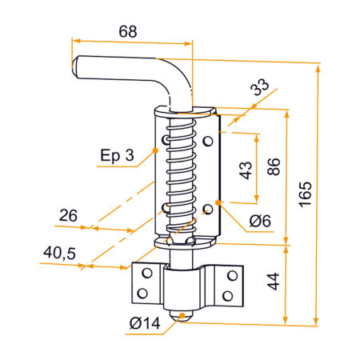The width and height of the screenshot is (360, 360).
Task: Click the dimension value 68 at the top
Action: [127, 31]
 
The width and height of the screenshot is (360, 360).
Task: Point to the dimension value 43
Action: [246, 169]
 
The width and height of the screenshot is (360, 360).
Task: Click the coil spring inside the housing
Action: [182, 172]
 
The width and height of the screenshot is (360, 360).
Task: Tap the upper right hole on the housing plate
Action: [207, 142]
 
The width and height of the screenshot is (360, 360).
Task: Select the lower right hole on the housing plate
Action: [207, 209]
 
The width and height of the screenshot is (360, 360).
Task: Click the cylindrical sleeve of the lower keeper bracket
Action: [185, 288]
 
